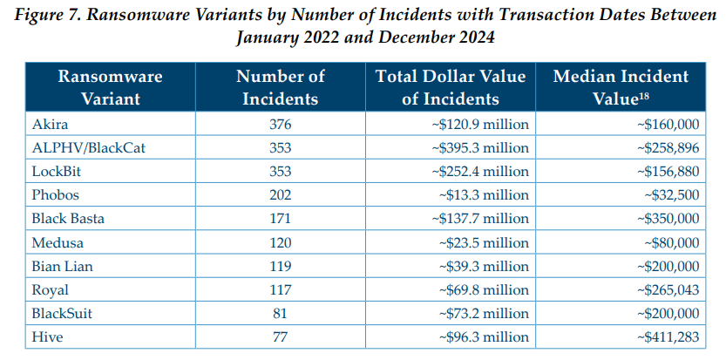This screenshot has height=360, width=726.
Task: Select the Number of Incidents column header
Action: point(280,87)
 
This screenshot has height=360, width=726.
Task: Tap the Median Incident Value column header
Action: point(621,87)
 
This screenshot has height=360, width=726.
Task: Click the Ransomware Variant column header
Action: point(110,87)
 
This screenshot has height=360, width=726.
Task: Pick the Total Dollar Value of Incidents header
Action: point(450,87)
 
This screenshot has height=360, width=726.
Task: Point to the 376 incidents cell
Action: point(280,125)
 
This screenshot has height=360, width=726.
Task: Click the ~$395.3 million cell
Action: point(480,147)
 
